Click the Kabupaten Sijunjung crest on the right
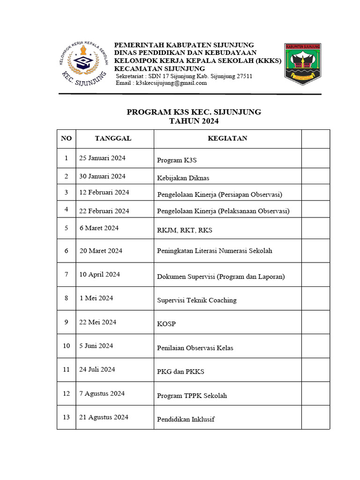[302, 64]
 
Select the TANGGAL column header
[113, 138]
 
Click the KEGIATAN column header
[227, 138]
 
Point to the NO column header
[67, 138]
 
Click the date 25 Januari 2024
[102, 158]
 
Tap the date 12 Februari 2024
[104, 193]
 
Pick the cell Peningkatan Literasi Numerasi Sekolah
[214, 251]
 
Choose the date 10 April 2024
[99, 275]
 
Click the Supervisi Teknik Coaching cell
[196, 300]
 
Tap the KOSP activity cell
[166, 324]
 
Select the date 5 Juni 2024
[96, 346]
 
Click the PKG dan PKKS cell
[180, 372]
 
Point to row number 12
[67, 393]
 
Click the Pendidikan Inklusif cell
[186, 419]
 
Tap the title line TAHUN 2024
[194, 121]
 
